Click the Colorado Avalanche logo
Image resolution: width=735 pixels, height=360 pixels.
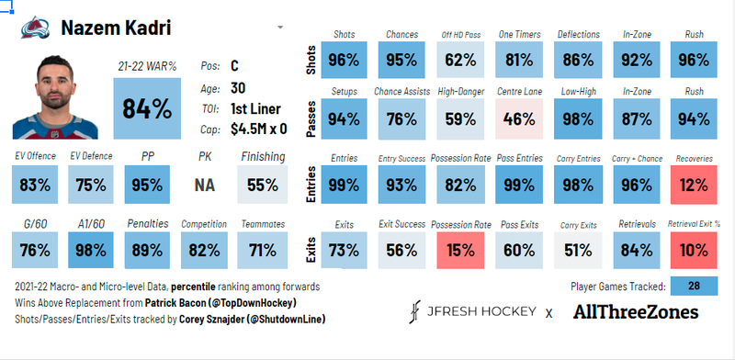tap(34, 28)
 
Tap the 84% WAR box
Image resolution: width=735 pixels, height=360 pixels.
tap(147, 108)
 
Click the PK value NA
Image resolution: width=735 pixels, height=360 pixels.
tap(204, 185)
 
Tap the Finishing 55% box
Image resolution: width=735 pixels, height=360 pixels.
tap(262, 185)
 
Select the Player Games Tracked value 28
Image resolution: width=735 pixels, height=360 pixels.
tap(694, 286)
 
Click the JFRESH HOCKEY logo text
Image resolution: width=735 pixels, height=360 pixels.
tap(475, 312)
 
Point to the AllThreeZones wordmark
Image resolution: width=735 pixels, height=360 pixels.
tap(635, 312)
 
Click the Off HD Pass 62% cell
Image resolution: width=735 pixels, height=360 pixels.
tap(460, 61)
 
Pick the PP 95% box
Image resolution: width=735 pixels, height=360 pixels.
tap(147, 185)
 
